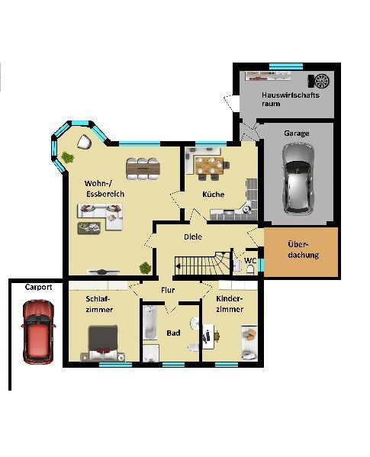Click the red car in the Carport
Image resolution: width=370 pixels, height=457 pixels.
(38, 332)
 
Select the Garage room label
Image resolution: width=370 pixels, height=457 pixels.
(296, 134)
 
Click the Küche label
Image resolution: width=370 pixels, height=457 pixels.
(214, 194)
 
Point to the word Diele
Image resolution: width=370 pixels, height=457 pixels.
(193, 237)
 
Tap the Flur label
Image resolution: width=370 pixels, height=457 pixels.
(168, 290)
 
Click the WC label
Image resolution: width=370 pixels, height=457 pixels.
(250, 260)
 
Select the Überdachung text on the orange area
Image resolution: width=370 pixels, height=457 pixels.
(303, 249)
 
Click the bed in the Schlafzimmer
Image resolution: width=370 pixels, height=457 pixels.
(103, 343)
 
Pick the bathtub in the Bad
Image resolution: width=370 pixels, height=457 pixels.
(150, 322)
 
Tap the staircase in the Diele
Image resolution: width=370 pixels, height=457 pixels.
(202, 263)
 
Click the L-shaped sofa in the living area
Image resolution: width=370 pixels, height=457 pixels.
(100, 217)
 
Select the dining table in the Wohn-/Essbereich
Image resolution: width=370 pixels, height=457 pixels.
(143, 169)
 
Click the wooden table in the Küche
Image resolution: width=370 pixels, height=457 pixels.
(209, 166)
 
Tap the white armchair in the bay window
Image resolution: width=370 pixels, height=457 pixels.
(85, 142)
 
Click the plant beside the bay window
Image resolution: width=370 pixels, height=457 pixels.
(68, 158)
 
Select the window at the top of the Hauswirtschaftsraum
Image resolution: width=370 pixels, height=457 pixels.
(286, 66)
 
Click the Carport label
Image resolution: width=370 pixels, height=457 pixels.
(38, 287)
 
